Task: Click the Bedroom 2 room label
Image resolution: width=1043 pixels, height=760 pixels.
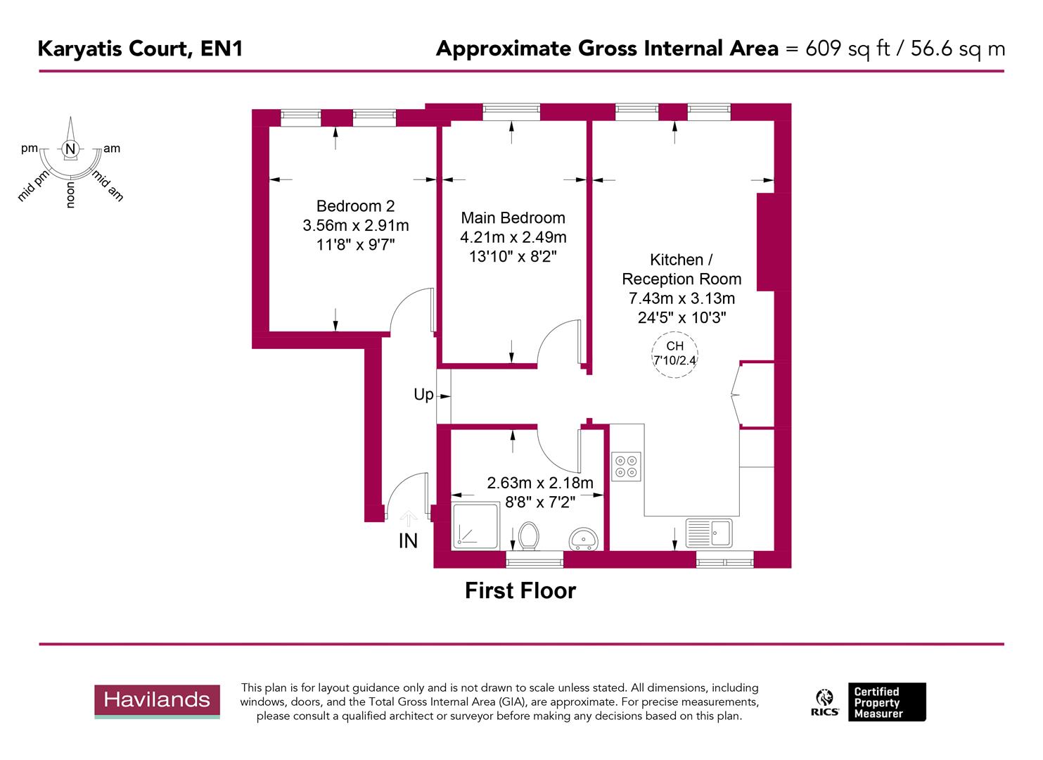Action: click(x=355, y=206)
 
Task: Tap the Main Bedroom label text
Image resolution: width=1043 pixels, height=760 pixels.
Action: click(x=513, y=218)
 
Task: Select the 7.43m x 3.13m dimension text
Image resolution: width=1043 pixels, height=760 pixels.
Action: click(x=682, y=298)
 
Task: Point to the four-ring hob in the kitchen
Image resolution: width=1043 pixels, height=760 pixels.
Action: click(x=626, y=466)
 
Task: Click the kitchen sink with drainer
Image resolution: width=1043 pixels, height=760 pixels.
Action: click(x=709, y=533)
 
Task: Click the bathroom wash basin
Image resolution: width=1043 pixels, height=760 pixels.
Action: click(x=584, y=539)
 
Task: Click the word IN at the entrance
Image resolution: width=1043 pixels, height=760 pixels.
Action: click(x=408, y=540)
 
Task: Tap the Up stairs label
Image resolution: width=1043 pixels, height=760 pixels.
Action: click(x=423, y=395)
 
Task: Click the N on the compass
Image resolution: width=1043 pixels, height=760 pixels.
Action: click(x=70, y=149)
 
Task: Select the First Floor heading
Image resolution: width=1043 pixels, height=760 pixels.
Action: click(x=520, y=590)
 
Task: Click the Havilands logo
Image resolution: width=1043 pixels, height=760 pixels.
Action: click(x=157, y=700)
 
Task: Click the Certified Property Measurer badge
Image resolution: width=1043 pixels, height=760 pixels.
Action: click(x=886, y=702)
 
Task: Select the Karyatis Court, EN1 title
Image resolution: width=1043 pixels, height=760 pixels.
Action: click(x=140, y=49)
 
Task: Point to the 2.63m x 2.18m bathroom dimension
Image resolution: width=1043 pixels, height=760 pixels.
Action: click(x=540, y=483)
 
